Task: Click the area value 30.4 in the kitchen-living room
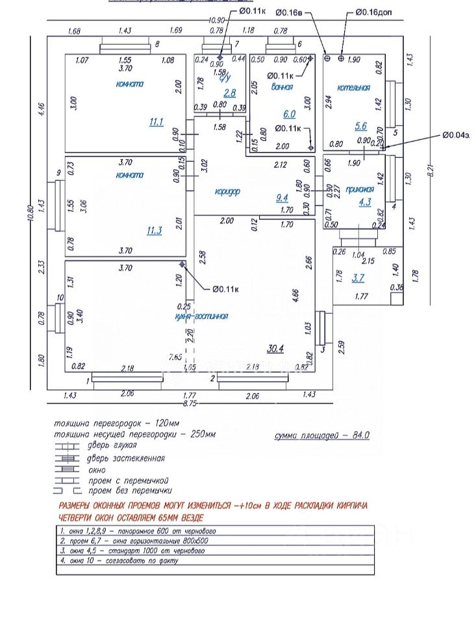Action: (275, 348)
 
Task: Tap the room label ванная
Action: (282, 86)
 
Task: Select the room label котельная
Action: (354, 88)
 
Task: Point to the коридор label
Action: (227, 191)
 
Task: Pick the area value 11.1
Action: (156, 122)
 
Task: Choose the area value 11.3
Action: (155, 230)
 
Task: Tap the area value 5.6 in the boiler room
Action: (361, 127)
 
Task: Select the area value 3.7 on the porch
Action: (358, 278)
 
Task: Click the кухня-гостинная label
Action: (201, 316)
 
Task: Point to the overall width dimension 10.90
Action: (216, 20)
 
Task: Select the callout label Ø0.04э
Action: (456, 135)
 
